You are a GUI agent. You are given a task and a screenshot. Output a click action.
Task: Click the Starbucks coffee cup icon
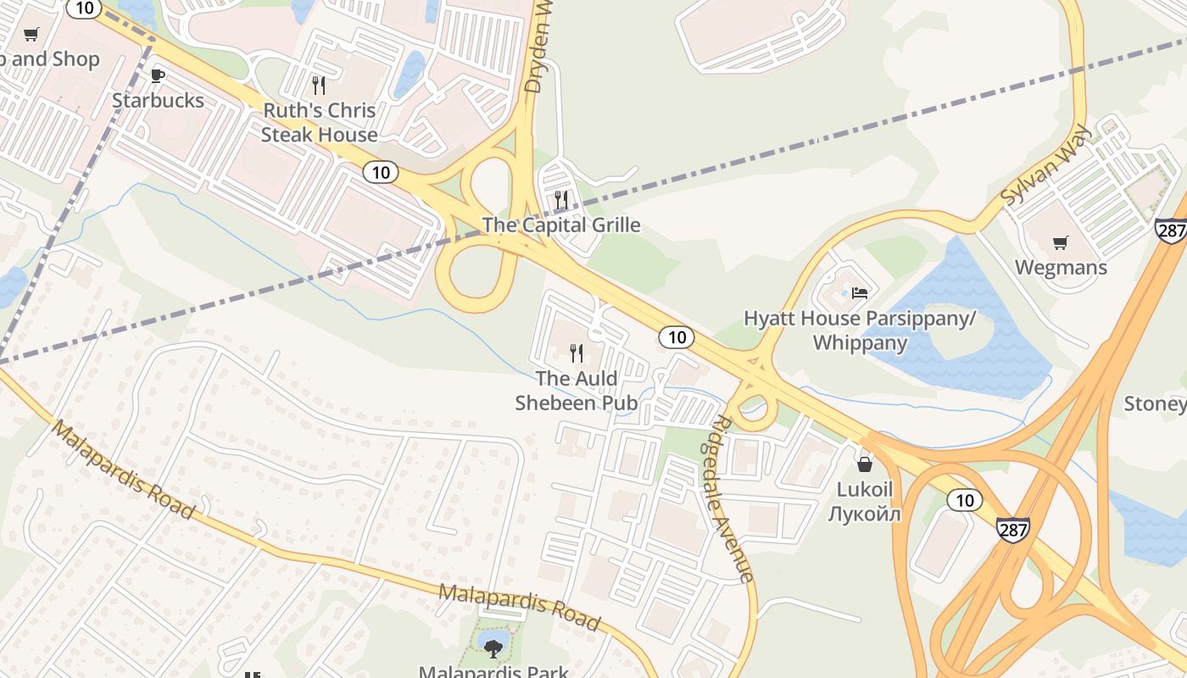[x=157, y=75]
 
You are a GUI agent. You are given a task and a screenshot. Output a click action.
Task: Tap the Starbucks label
[x=158, y=100]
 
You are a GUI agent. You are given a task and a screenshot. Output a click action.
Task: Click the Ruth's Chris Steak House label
[x=319, y=122]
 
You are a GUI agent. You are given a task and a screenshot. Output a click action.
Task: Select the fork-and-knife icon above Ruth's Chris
[x=319, y=85]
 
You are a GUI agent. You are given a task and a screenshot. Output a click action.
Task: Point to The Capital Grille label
[x=561, y=225]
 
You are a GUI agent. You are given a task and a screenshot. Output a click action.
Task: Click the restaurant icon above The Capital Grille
[x=561, y=200]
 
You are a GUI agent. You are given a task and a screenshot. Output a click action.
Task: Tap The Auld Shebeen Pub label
[x=576, y=390]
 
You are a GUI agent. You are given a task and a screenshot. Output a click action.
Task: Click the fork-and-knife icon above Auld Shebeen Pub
[x=577, y=353]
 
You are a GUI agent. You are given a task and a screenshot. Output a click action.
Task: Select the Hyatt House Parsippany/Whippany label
[x=860, y=331]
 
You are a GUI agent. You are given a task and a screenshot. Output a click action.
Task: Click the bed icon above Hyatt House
[x=860, y=293]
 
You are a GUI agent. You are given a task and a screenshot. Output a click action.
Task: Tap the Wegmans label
[x=1061, y=268]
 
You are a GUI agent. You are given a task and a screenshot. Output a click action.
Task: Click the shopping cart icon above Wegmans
[x=1060, y=243]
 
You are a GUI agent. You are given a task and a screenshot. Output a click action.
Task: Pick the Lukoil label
[x=865, y=501]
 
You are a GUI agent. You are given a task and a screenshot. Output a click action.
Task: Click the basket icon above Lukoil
[x=865, y=464]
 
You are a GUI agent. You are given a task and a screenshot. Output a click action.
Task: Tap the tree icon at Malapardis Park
[x=493, y=648]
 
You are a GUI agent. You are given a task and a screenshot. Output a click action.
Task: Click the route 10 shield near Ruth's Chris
[x=381, y=172]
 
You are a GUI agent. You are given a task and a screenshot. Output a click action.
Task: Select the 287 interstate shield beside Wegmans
[x=1170, y=230]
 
